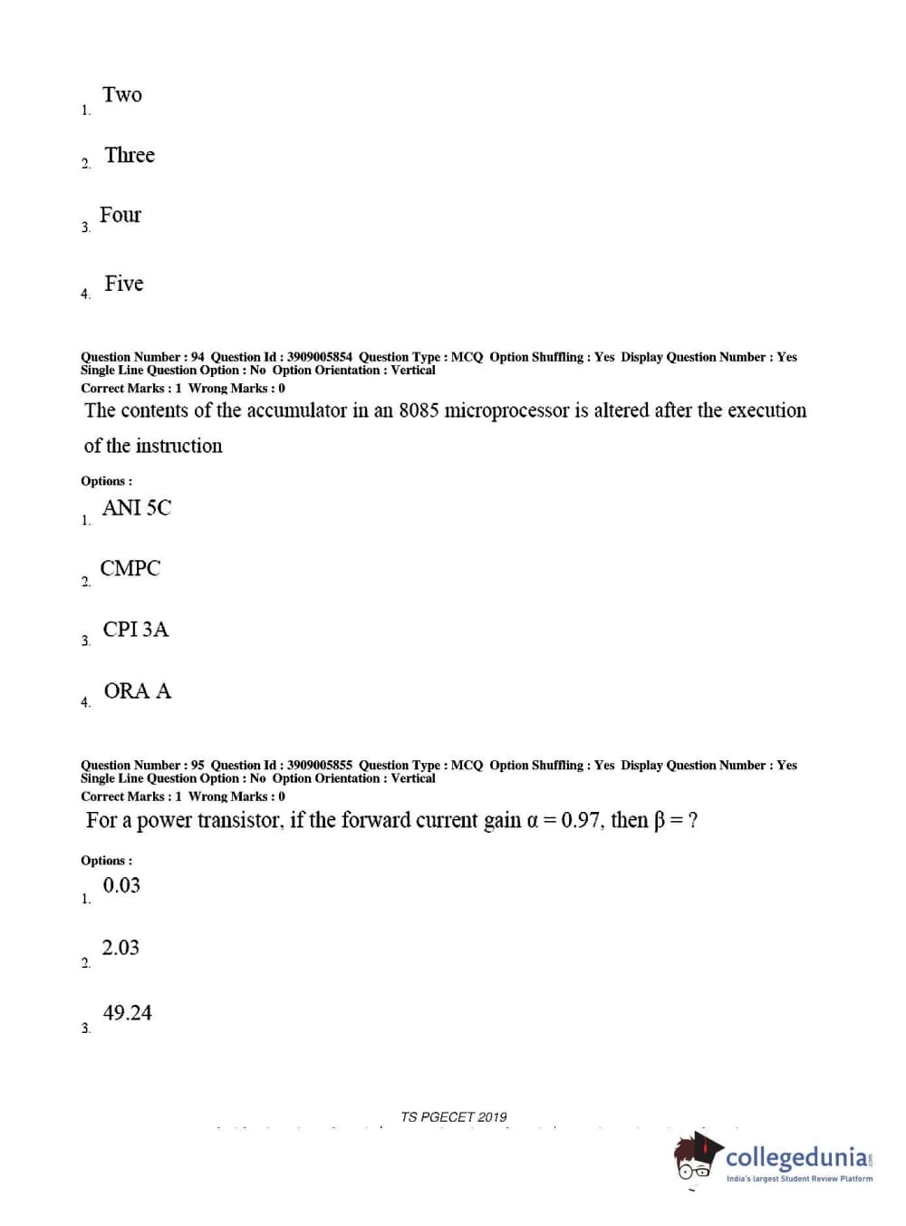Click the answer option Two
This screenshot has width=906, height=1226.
[x=122, y=95]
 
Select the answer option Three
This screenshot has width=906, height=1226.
[x=130, y=156]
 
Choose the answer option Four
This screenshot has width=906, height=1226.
[x=120, y=216]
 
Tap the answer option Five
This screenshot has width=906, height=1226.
[x=124, y=284]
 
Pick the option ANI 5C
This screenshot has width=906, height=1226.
[x=137, y=508]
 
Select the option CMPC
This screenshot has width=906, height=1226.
[x=130, y=569]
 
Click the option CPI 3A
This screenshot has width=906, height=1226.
[x=136, y=630]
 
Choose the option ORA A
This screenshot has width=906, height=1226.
[x=138, y=691]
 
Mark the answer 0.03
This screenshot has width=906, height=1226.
[x=121, y=886]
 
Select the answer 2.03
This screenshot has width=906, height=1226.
[x=120, y=948]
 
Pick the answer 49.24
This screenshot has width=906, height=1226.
[x=128, y=1013]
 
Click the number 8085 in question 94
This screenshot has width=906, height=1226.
[x=419, y=410]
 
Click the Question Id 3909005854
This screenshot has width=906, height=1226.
[x=320, y=357]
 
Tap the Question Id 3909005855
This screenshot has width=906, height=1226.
[x=320, y=766]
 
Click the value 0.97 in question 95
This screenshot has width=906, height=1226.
[x=581, y=821]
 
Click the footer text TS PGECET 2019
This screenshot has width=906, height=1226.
[x=454, y=1117]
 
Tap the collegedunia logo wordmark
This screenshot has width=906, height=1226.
[x=797, y=1157]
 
